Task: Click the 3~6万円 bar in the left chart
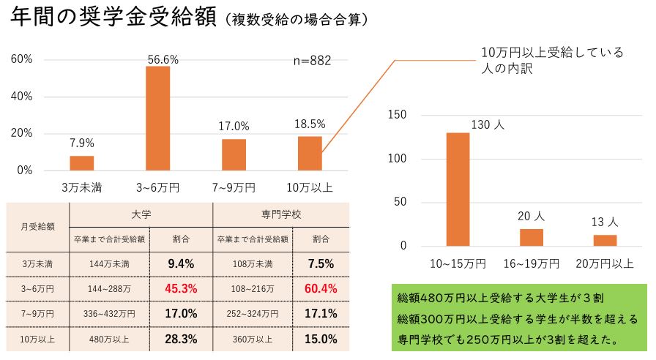click(x=157, y=118)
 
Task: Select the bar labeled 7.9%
click(x=82, y=162)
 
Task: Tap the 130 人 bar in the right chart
click(x=458, y=189)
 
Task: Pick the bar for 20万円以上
click(x=605, y=240)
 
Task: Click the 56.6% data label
click(x=162, y=59)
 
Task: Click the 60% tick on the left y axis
click(x=22, y=59)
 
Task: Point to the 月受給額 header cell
click(x=37, y=226)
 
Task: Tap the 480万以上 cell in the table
click(x=108, y=339)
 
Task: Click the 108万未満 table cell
click(x=252, y=263)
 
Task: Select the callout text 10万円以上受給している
click(x=552, y=53)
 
